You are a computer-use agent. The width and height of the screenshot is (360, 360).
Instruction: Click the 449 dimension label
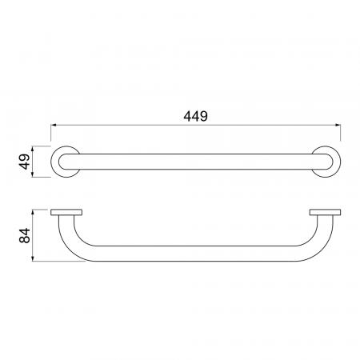(195, 116)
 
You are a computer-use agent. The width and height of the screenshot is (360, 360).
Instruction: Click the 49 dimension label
(25, 162)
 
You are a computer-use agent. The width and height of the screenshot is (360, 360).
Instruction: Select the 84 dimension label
(25, 235)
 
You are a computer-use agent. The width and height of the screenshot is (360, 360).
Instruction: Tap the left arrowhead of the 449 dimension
(54, 125)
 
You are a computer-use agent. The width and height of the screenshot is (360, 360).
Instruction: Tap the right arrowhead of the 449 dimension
(338, 125)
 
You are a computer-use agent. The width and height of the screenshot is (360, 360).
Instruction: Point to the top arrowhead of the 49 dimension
(33, 149)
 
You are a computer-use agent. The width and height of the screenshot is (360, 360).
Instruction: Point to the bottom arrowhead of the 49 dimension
(33, 174)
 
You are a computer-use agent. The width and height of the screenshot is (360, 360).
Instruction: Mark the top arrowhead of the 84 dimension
(33, 212)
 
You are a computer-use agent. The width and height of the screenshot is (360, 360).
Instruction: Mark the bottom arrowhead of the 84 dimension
(33, 258)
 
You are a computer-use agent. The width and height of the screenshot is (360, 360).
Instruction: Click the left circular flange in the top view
(54, 162)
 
